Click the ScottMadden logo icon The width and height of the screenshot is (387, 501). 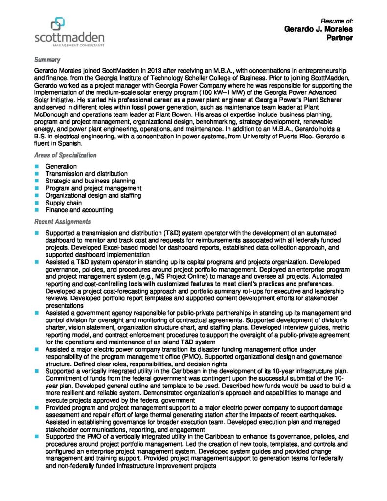click(x=57, y=23)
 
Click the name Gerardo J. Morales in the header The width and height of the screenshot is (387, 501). click(x=319, y=29)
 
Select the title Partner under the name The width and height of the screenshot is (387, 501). click(x=340, y=38)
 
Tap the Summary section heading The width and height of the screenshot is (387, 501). click(x=47, y=60)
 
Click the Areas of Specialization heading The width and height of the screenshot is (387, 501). click(x=65, y=155)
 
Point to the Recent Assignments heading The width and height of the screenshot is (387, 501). click(x=62, y=222)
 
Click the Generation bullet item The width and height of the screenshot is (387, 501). click(x=61, y=166)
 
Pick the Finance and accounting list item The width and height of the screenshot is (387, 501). click(x=79, y=210)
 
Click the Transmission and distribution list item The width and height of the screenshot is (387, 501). click(x=86, y=174)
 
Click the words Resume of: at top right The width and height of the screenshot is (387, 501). click(x=337, y=21)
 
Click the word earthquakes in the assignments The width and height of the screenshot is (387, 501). click(x=328, y=414)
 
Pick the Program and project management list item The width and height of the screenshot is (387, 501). click(x=93, y=188)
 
